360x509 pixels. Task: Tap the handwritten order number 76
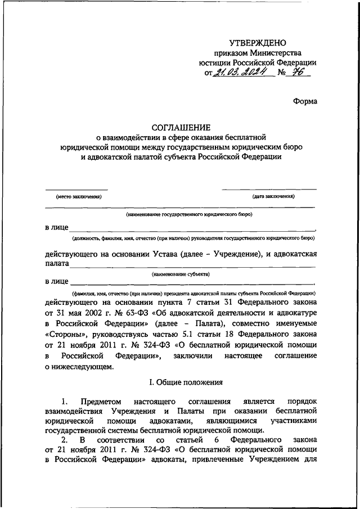click(293, 74)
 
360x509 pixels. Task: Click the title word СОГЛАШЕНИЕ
click(179, 128)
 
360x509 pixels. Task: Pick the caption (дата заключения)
click(273, 197)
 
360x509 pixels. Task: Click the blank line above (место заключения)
click(76, 190)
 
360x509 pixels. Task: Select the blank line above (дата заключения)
click(269, 190)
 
